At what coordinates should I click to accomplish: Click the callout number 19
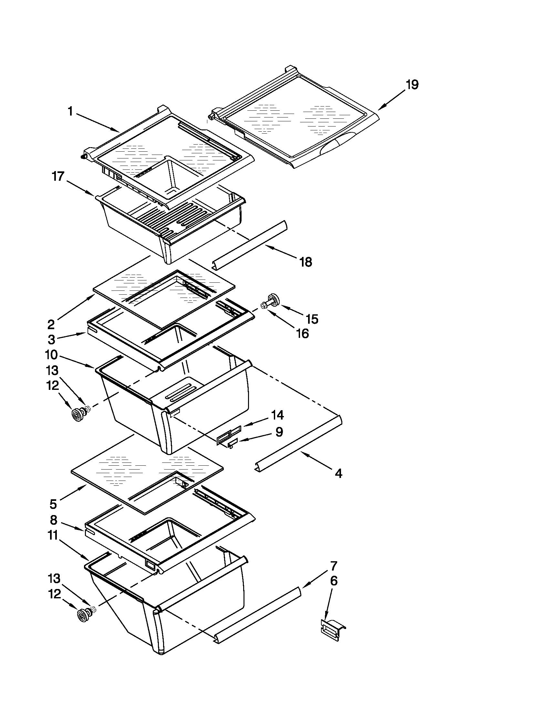412,85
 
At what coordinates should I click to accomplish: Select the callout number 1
70,112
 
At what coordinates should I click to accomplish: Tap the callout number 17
58,177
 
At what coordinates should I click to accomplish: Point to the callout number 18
306,262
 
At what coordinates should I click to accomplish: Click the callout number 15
312,319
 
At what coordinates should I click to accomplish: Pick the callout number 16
303,334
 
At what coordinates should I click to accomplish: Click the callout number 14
277,415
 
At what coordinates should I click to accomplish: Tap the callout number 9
279,432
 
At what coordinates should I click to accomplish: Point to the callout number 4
338,474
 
